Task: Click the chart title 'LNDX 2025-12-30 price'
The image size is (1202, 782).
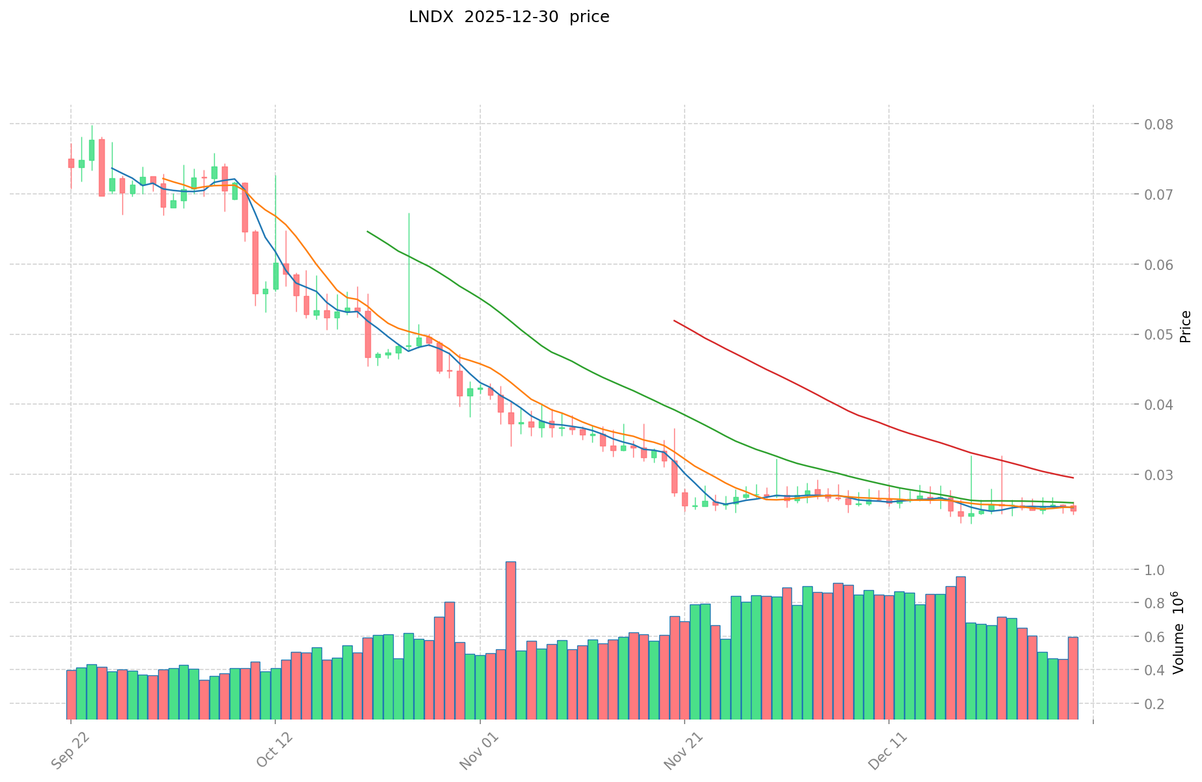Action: [509, 18]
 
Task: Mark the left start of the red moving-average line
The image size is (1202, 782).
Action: [674, 321]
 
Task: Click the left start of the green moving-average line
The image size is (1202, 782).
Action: [368, 231]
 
